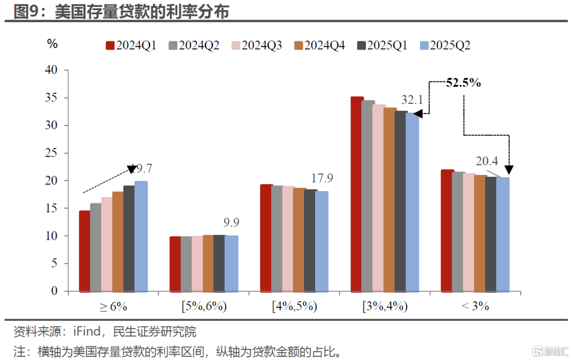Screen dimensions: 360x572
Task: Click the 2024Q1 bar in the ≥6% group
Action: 84,251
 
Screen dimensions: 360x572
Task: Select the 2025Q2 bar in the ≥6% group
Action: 140,237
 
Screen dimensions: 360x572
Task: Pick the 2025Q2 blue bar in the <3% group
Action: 503,235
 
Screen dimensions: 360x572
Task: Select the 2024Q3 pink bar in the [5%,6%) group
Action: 197,264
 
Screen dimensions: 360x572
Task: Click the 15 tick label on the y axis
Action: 51,209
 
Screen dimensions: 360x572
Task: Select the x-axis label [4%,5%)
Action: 294,307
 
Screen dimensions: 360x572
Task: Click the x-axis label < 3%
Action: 475,307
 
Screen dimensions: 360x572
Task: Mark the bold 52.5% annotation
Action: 463,83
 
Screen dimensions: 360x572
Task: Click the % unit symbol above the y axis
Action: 52,44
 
